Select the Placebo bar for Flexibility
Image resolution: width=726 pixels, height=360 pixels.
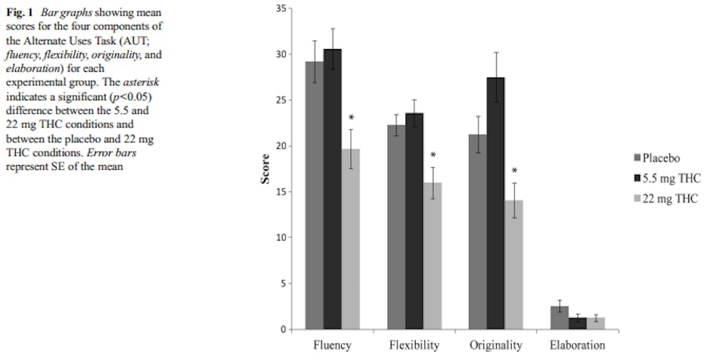tap(396, 227)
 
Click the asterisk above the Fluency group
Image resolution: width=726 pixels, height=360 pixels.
tap(351, 118)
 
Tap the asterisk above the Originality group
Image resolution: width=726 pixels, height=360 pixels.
tap(515, 171)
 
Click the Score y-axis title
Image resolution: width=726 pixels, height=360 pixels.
tap(265, 169)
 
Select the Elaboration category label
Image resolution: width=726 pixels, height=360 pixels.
tap(577, 346)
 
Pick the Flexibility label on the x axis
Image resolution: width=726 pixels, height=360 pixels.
tap(414, 346)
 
